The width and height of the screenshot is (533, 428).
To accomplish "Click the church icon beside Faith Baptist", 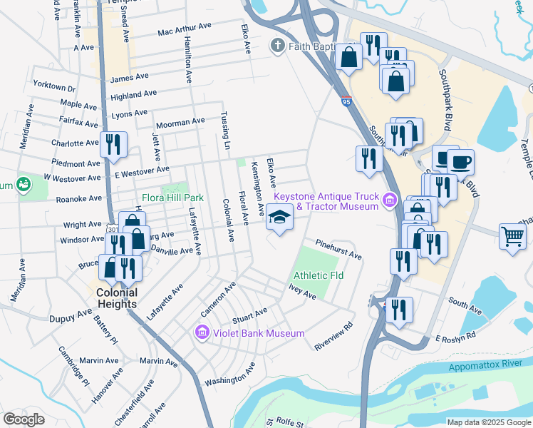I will tap(277, 46).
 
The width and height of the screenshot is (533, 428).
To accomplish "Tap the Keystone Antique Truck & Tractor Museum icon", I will tap(389, 200).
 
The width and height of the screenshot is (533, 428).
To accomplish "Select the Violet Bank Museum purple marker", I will tap(202, 333).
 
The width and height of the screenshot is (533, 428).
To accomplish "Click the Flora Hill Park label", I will tap(173, 197).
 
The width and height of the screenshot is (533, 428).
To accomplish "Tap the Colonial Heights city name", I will tap(117, 298).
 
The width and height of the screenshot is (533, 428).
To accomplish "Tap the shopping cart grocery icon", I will tap(513, 235).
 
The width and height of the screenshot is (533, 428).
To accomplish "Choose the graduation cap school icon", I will tap(279, 217).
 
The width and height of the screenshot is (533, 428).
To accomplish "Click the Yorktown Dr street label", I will tap(53, 86).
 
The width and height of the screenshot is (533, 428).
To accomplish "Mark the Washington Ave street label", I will tap(229, 377).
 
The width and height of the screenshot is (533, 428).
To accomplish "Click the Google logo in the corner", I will tap(24, 419).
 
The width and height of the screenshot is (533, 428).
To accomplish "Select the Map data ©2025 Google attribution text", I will tap(487, 422).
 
